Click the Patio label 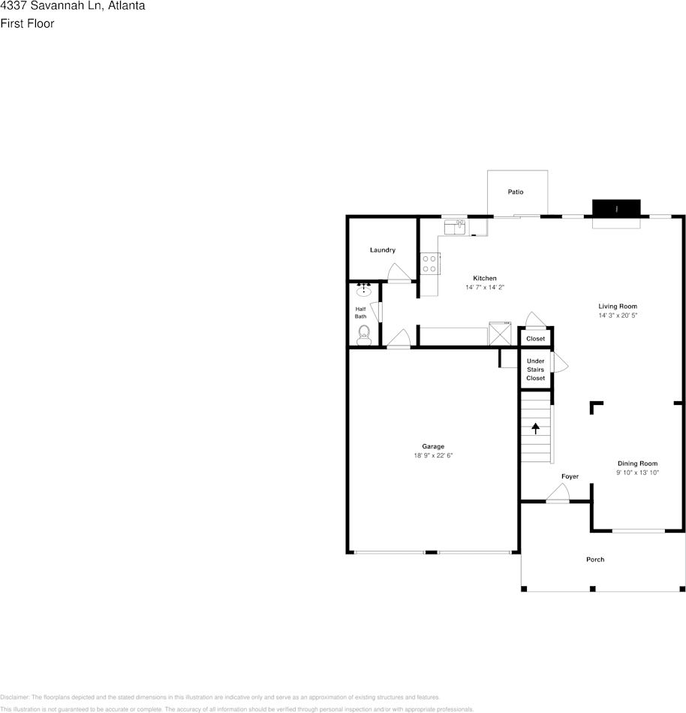pos(515,192)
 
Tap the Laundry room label pos(383,250)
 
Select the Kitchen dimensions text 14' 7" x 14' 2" pos(485,288)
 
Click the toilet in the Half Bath pos(364,334)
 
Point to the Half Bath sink pos(364,289)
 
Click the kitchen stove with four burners pos(429,264)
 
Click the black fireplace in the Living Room pos(616,208)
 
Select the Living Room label pos(618,307)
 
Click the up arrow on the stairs pos(536,429)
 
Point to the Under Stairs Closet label pos(536,370)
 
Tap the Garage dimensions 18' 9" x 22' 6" pos(433,456)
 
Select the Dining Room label pos(637,464)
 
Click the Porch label pos(595,560)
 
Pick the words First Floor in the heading pos(27,23)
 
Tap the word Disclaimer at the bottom pos(14,697)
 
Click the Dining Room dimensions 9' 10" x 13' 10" pos(637,473)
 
